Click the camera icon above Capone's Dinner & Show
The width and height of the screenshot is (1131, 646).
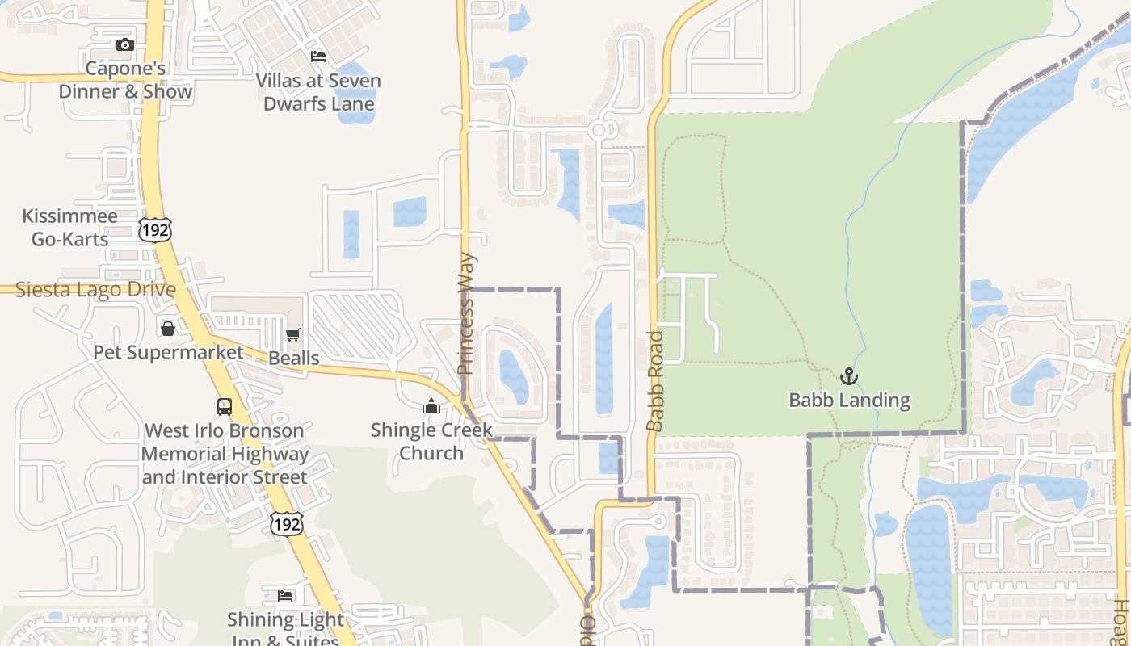(x=124, y=45)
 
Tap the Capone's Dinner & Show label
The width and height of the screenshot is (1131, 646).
(x=125, y=80)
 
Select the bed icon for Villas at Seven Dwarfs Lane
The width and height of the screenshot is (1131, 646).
(x=318, y=57)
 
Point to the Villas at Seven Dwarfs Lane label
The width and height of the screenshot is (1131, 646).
(x=318, y=92)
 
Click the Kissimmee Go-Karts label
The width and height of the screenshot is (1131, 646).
(x=69, y=227)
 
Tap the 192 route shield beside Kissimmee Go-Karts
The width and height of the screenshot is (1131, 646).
(x=153, y=229)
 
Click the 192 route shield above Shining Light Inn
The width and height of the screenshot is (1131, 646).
(x=286, y=523)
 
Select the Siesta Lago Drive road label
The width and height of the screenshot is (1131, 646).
(x=95, y=289)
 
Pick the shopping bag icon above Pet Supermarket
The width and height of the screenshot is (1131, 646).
(x=168, y=329)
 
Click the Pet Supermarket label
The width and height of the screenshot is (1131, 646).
(x=168, y=352)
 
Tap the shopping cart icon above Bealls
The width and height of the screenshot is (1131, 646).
(x=293, y=334)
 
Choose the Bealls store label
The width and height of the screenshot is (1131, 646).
(x=293, y=358)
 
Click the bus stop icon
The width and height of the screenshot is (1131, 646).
(x=225, y=407)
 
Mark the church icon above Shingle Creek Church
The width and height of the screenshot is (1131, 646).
(x=431, y=406)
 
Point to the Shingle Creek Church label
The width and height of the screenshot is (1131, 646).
(x=431, y=441)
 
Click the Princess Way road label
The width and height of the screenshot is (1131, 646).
(x=466, y=315)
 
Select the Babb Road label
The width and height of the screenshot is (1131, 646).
(x=655, y=380)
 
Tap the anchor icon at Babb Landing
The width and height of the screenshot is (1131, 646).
(x=848, y=376)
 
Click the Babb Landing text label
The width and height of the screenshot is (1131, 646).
(x=849, y=400)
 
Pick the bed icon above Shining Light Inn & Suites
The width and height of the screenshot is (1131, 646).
(x=285, y=596)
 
